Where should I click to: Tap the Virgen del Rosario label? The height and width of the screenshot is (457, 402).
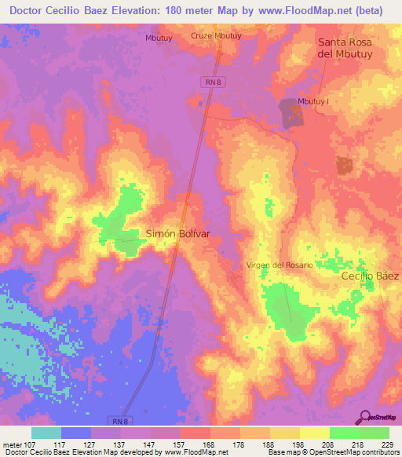coord(280,265)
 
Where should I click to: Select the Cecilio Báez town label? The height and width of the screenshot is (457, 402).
coord(370,276)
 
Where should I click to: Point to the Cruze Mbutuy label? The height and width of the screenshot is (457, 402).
coord(216,36)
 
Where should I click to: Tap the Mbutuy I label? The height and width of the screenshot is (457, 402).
coord(312,102)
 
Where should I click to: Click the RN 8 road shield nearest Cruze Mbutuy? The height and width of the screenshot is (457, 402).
coord(210,82)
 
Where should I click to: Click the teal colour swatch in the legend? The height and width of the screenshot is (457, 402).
coord(46,433)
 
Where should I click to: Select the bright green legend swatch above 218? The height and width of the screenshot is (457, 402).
coord(345,433)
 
